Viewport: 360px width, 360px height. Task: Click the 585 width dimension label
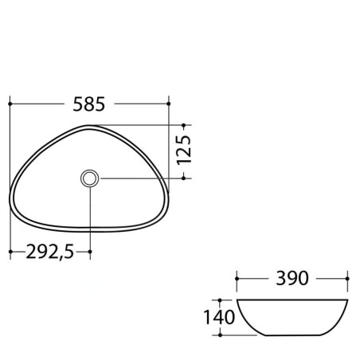click(89, 104)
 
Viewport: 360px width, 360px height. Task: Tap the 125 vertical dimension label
click(184, 150)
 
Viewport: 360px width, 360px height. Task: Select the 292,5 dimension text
click(50, 252)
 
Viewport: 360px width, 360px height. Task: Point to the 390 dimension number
click(292, 278)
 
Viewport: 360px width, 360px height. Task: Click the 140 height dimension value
click(219, 317)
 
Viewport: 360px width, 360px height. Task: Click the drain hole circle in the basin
click(89, 178)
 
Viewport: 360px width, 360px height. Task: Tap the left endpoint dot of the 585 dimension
click(10, 104)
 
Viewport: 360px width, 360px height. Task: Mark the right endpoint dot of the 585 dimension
click(169, 104)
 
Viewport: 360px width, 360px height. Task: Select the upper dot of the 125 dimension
click(183, 125)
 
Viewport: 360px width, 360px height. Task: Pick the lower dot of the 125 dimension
click(183, 178)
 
